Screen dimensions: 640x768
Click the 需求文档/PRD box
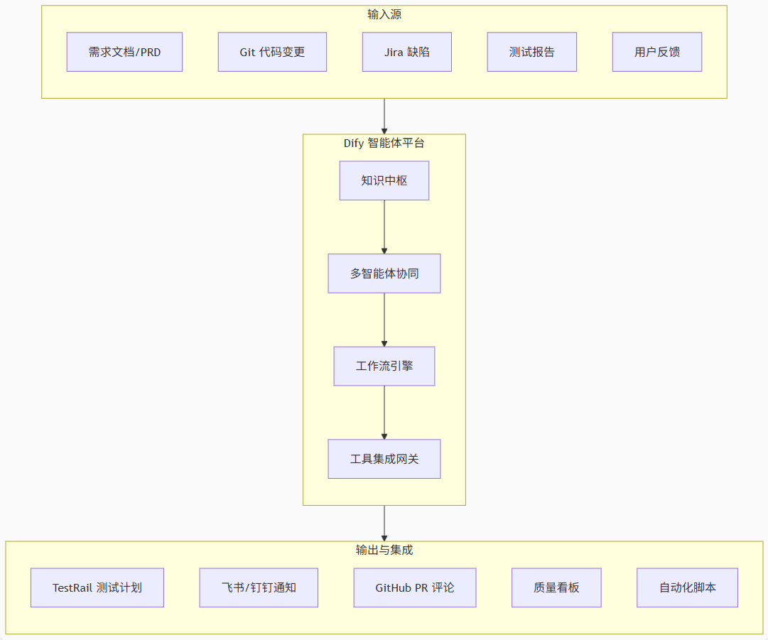click(124, 52)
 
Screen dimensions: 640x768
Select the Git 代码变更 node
click(272, 52)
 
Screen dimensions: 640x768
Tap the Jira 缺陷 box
click(406, 52)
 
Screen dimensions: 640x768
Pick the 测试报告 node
click(531, 52)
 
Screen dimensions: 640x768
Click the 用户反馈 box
click(656, 52)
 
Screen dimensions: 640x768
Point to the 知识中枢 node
click(384, 180)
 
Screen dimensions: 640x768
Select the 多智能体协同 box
click(384, 273)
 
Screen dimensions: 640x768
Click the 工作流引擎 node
click(384, 367)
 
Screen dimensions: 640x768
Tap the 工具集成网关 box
click(384, 459)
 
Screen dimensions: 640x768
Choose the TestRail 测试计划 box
click(97, 587)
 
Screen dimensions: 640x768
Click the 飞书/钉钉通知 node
click(259, 587)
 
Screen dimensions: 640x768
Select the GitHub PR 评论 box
click(414, 587)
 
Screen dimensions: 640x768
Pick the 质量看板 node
click(556, 587)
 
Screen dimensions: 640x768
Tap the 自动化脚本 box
click(687, 587)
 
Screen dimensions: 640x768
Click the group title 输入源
click(384, 14)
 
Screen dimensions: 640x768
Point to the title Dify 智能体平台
click(384, 143)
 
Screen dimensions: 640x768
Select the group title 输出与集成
click(384, 550)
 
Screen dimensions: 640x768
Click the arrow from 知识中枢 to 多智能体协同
click(384, 227)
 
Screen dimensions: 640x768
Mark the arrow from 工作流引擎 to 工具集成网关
click(384, 412)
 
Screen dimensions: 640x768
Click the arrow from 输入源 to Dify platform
click(384, 116)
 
